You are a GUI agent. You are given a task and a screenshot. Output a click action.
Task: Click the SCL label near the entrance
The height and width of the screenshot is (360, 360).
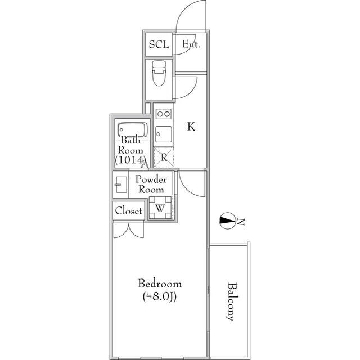(158, 44)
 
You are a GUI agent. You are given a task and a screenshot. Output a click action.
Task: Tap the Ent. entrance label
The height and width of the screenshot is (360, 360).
(191, 44)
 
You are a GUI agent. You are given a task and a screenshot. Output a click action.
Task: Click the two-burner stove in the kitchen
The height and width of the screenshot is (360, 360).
(164, 114)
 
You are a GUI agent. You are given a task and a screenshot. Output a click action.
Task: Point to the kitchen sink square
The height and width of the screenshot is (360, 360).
(164, 133)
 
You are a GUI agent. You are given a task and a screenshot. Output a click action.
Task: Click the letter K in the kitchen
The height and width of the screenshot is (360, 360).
(191, 127)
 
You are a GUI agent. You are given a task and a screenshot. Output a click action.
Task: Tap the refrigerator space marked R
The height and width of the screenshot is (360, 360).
(164, 157)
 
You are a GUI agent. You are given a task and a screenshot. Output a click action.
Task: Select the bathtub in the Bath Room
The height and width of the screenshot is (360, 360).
(132, 130)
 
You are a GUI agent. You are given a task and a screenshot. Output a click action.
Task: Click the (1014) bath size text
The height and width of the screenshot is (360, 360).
(130, 160)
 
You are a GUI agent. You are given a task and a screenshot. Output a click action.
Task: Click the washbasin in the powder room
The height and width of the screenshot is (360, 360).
(120, 184)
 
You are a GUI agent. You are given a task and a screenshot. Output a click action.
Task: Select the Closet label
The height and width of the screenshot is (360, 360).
(129, 211)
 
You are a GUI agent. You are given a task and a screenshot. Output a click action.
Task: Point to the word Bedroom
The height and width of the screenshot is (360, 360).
(160, 283)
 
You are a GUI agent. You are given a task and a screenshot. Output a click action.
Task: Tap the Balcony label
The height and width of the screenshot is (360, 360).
(230, 300)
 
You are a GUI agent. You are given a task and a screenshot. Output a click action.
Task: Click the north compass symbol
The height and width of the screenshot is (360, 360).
(228, 220)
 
